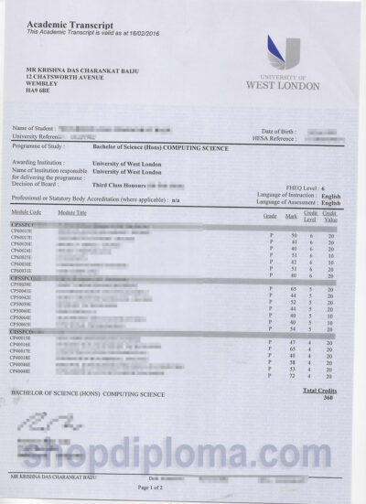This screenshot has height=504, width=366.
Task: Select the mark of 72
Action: point(293,375)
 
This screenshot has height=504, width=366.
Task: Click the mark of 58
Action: point(293,363)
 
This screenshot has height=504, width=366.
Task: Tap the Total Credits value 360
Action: point(328,399)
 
